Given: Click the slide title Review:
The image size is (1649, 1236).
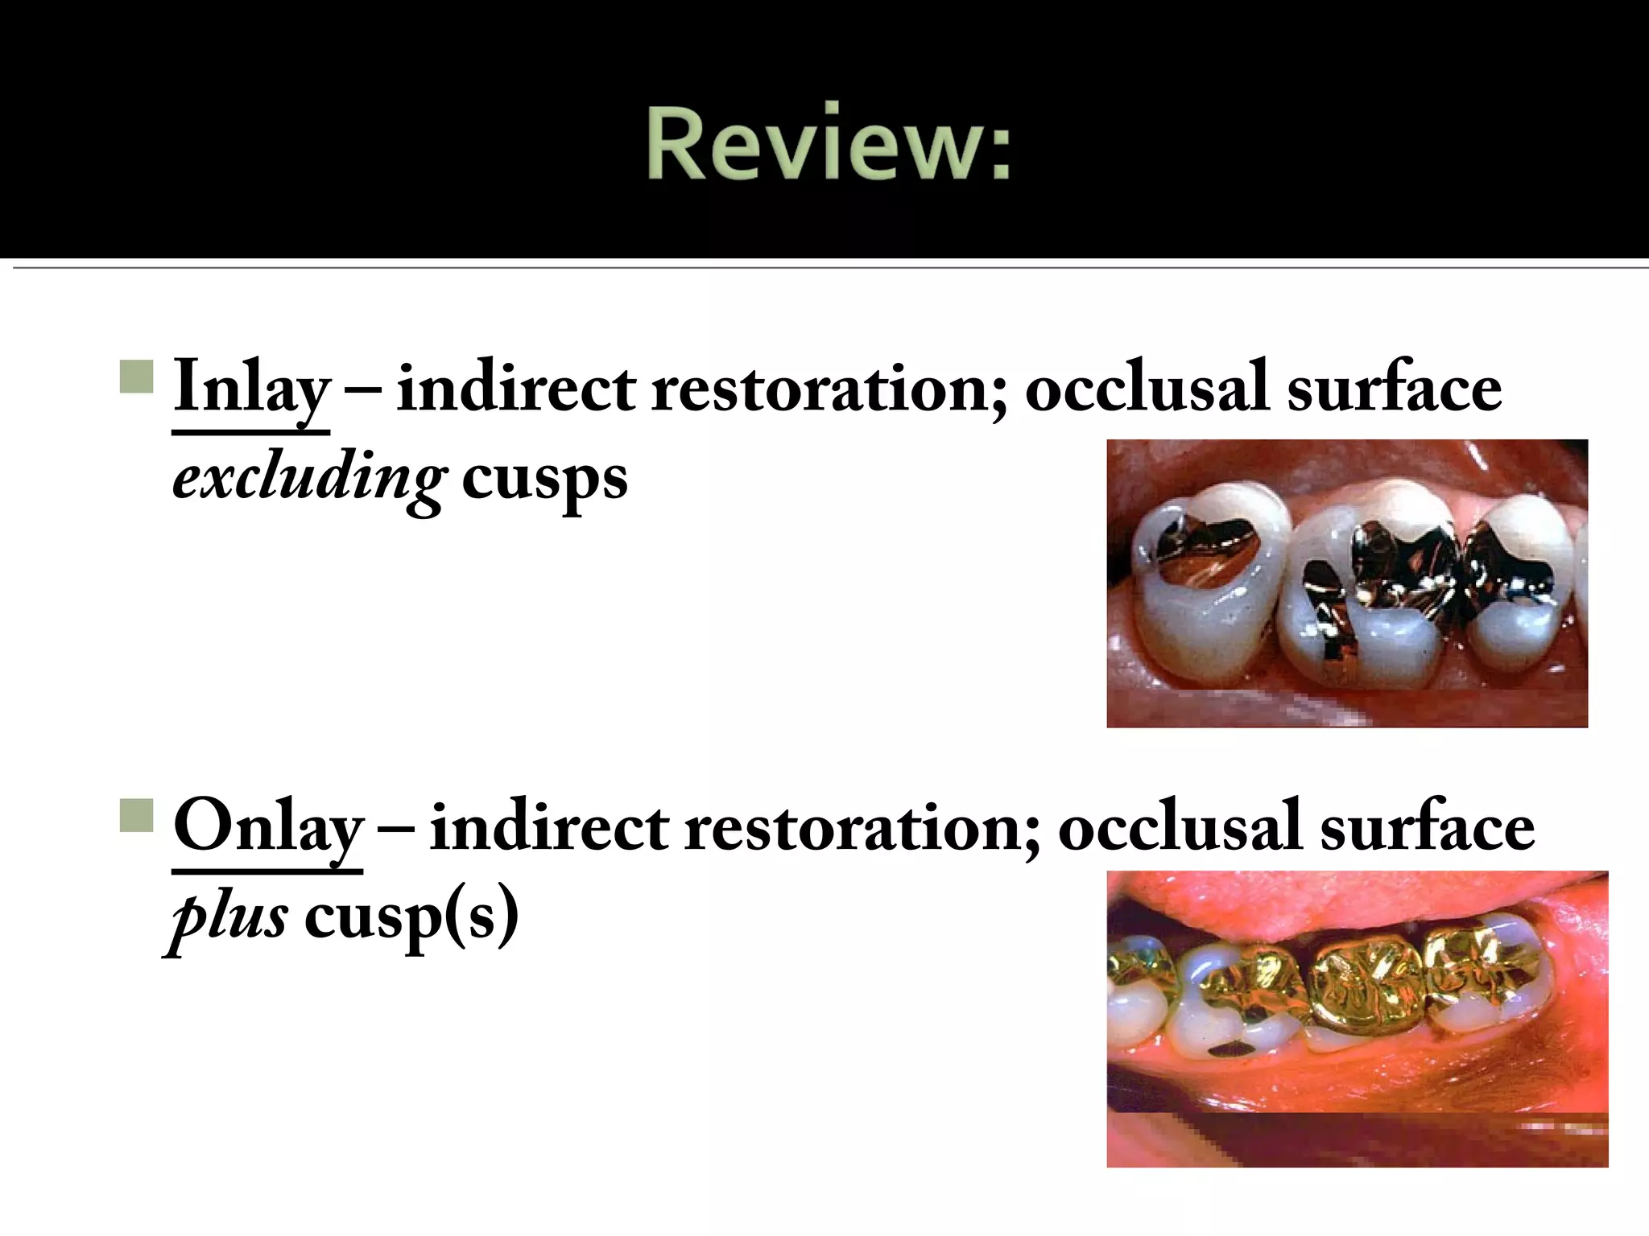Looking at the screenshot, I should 828,145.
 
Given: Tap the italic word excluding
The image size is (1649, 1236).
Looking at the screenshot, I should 308,480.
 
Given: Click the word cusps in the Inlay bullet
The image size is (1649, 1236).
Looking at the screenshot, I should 544,480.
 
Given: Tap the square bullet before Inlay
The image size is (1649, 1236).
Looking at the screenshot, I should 136,376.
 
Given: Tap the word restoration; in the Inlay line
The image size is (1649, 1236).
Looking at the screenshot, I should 829,389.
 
